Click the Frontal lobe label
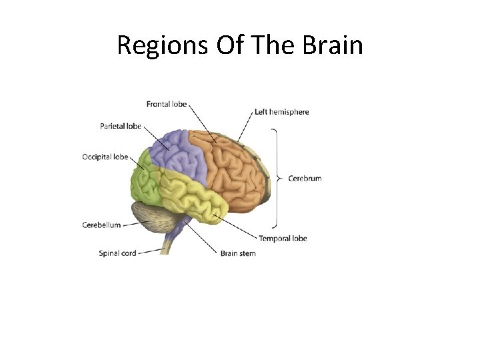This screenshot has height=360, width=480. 167,104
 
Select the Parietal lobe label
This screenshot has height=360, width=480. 120,126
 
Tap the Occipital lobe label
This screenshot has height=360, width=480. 105,157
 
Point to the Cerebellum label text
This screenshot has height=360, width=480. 101,225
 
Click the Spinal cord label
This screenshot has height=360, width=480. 117,253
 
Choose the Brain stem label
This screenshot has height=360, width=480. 238,253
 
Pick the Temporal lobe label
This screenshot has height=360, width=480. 283,238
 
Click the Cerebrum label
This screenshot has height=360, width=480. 305,179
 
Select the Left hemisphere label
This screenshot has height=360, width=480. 281,112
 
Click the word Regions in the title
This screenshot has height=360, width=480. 162,45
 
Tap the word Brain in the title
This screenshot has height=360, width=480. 333,45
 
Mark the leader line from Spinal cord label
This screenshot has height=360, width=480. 150,251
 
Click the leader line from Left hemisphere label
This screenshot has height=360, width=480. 246,129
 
